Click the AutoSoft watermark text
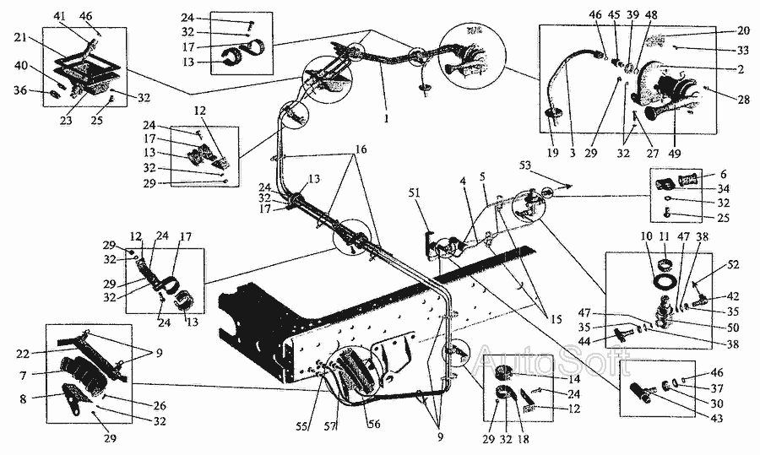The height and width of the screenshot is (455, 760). [x=554, y=364]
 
